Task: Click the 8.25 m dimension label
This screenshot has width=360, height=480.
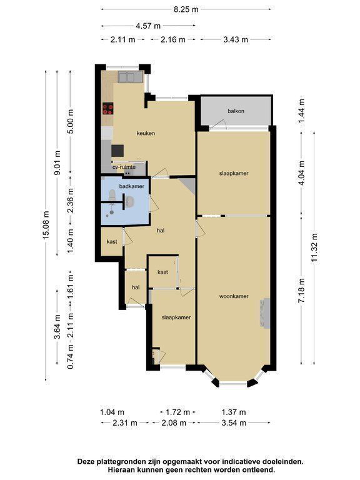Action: (x=186, y=9)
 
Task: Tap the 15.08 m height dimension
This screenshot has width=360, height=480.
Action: (x=46, y=225)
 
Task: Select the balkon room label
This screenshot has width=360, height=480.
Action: (x=236, y=111)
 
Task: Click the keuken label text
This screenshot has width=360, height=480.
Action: (x=146, y=134)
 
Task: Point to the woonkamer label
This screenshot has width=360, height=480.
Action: (x=234, y=296)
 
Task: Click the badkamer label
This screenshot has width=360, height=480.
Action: (x=132, y=186)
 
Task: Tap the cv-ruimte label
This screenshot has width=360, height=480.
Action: (x=124, y=167)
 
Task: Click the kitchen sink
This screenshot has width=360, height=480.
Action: (x=131, y=76)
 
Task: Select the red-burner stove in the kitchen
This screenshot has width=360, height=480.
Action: (x=107, y=108)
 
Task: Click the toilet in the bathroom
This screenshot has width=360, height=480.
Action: (x=112, y=195)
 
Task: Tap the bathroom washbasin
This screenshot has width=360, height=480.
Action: (x=130, y=201)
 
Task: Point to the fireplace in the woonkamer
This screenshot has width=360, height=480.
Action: (x=265, y=313)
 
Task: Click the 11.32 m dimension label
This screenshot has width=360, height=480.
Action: (x=314, y=248)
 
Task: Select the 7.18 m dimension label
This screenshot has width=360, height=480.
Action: (x=301, y=291)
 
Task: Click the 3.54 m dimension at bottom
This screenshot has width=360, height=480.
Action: (x=234, y=423)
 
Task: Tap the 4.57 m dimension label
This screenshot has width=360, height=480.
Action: (x=148, y=26)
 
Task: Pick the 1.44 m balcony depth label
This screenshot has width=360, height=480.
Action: (x=301, y=111)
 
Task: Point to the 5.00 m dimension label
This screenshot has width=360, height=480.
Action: (x=71, y=121)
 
